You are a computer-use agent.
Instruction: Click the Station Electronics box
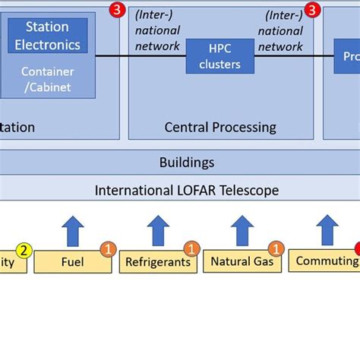pyautogui.click(x=47, y=36)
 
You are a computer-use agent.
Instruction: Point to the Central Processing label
pyautogui.click(x=220, y=127)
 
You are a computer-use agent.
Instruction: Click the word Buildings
pyautogui.click(x=186, y=162)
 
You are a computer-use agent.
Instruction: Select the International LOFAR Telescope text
pyautogui.click(x=186, y=190)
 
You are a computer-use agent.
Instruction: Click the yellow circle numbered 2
pyautogui.click(x=24, y=251)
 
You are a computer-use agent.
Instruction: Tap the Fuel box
pyautogui.click(x=72, y=262)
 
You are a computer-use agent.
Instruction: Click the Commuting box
pyautogui.click(x=325, y=261)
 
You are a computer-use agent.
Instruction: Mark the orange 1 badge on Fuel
pyautogui.click(x=109, y=249)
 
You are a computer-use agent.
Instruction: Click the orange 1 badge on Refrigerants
pyautogui.click(x=192, y=249)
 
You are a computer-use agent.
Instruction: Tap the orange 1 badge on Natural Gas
pyautogui.click(x=276, y=249)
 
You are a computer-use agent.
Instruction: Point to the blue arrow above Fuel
pyautogui.click(x=74, y=230)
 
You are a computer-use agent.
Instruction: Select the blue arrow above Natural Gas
pyautogui.click(x=242, y=230)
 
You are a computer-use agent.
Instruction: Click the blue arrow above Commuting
pyautogui.click(x=327, y=230)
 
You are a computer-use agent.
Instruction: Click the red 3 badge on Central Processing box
pyautogui.click(x=311, y=10)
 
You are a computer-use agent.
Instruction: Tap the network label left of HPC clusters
pyautogui.click(x=156, y=30)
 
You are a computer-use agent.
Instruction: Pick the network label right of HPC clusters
pyautogui.click(x=282, y=30)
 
